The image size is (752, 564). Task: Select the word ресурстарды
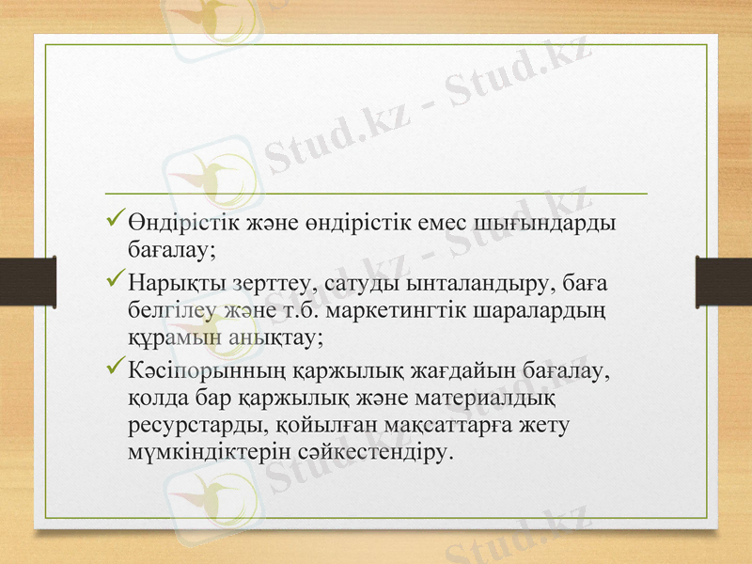point(198,426)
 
